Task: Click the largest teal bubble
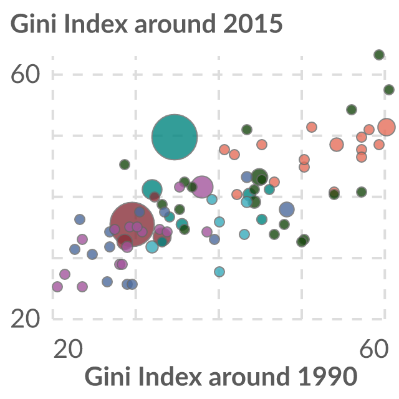tap(175, 137)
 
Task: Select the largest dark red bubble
tap(132, 224)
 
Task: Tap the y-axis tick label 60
tap(26, 74)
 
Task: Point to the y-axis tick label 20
tap(26, 319)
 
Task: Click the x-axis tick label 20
tap(68, 349)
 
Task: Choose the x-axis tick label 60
tap(374, 349)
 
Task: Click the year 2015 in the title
tap(253, 24)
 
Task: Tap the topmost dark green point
tap(379, 55)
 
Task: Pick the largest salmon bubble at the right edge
tap(387, 127)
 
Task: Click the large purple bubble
tap(202, 187)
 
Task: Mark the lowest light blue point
tap(219, 272)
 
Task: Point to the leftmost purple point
tap(57, 287)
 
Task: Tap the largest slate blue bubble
tap(287, 209)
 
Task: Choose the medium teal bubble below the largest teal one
tap(152, 190)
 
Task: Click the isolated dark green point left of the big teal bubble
tap(125, 165)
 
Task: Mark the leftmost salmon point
tap(224, 150)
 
